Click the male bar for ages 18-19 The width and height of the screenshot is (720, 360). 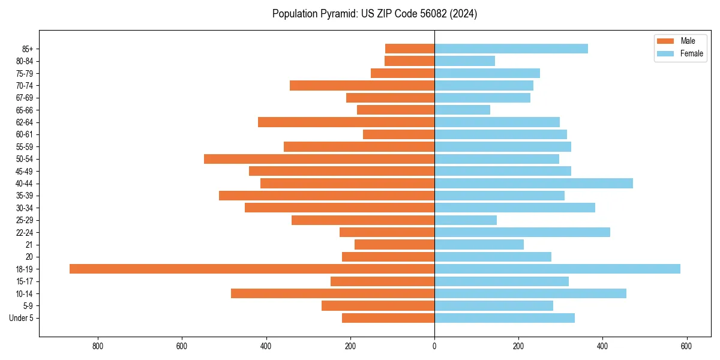click(x=252, y=269)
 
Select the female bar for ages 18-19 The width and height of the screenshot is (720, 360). click(x=557, y=269)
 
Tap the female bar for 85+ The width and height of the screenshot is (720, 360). click(x=511, y=49)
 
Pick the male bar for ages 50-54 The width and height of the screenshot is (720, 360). click(x=319, y=159)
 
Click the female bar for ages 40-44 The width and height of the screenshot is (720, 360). click(x=533, y=183)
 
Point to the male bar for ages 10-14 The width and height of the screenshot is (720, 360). click(x=332, y=293)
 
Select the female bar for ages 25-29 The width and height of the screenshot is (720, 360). click(x=466, y=220)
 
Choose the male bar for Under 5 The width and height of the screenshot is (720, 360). click(x=388, y=318)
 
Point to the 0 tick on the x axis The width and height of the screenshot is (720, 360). click(x=434, y=346)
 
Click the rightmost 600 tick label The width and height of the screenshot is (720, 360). click(x=686, y=346)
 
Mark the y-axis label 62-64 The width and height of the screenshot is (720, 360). click(x=25, y=122)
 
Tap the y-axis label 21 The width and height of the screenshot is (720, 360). click(x=29, y=245)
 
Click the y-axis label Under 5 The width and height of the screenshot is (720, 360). click(x=22, y=318)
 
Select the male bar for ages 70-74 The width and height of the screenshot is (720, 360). click(x=362, y=85)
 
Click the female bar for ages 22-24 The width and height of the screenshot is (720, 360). click(x=522, y=232)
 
